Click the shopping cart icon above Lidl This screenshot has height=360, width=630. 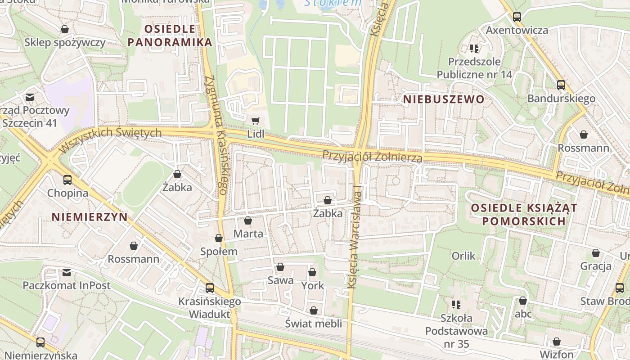click(255, 121)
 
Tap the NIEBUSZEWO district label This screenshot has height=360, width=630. click(444, 99)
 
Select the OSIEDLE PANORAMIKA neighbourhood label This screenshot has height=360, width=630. click(170, 36)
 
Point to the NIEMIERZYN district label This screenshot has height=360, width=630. click(90, 217)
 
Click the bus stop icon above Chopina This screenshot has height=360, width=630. click(67, 180)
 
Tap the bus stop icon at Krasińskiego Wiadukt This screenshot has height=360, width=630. click(210, 288)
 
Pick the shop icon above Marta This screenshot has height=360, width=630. click(247, 220)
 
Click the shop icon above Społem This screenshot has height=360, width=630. click(219, 238)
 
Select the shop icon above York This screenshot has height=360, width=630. click(312, 272)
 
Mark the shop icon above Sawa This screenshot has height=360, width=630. click(280, 267)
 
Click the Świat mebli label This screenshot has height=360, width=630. click(314, 323)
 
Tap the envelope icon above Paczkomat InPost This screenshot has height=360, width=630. click(67, 272)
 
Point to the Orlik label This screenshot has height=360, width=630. click(463, 256)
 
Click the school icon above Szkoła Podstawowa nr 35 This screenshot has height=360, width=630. click(456, 305)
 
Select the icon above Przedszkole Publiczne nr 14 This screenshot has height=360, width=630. click(474, 48)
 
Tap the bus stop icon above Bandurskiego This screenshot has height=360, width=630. click(561, 85)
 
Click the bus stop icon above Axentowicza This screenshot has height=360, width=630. click(517, 17)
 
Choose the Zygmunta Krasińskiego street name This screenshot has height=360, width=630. click(216, 135)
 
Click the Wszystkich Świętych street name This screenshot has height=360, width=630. click(110, 138)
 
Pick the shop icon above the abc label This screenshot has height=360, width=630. click(523, 301)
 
